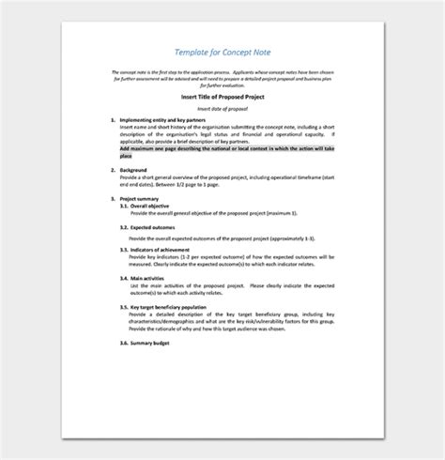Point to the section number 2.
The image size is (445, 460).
point(113,170)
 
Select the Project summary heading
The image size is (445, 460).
point(142,199)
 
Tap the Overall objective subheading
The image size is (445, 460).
point(154,207)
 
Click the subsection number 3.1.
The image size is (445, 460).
point(124,207)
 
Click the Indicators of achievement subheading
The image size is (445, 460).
point(165,247)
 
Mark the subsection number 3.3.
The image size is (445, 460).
point(124,247)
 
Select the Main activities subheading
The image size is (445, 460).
point(151,277)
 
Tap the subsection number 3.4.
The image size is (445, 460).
point(124,277)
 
